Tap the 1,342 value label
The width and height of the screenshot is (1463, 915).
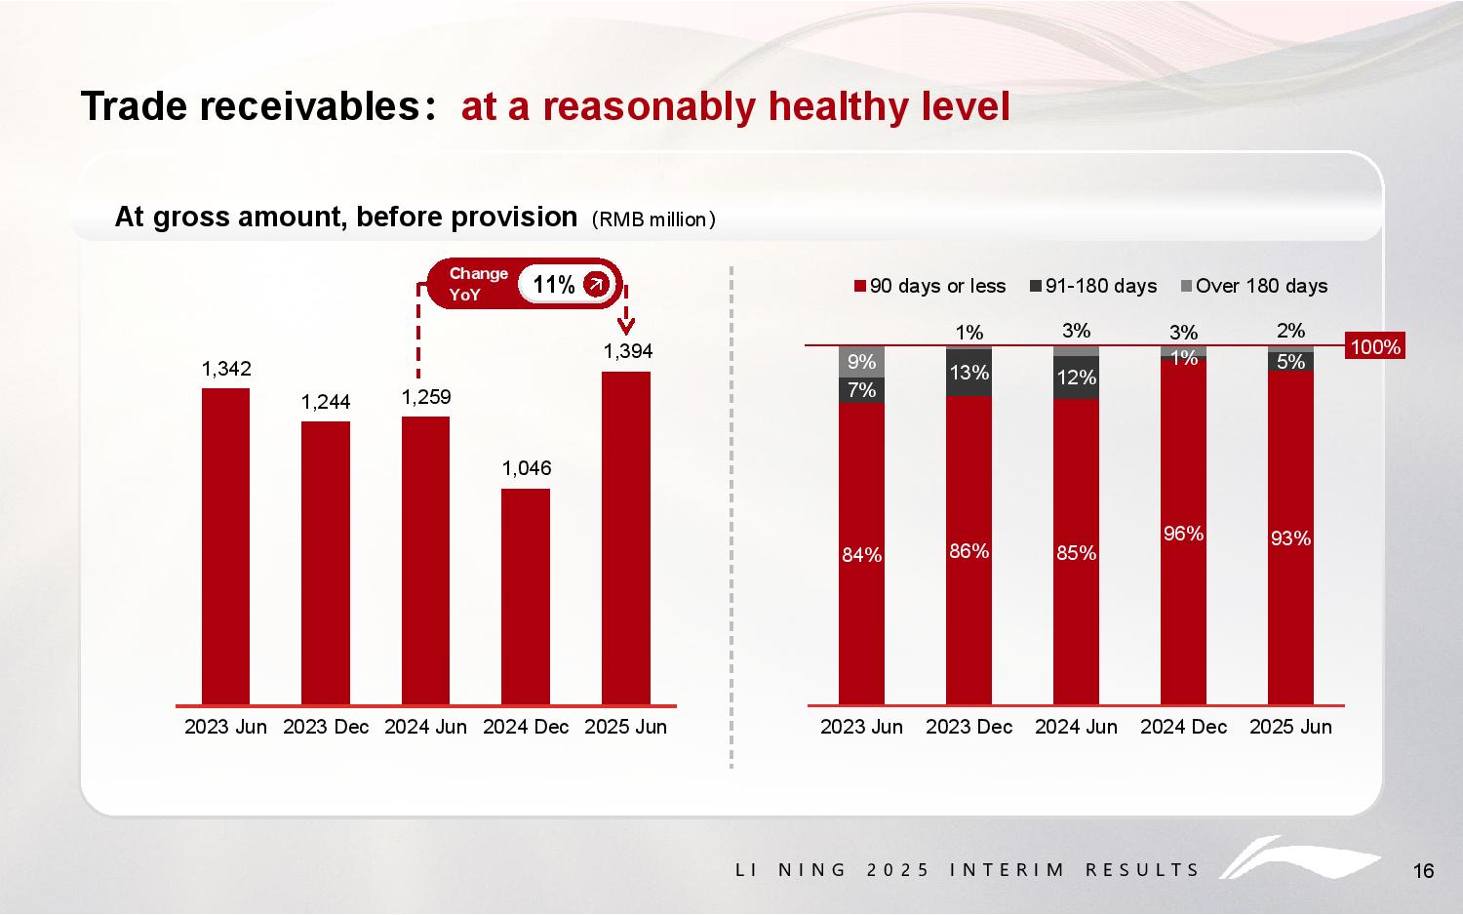tap(226, 369)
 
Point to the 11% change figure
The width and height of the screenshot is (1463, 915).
tap(554, 284)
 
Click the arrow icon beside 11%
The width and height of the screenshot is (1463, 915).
tap(596, 284)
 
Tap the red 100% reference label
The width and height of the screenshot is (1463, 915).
tap(1374, 346)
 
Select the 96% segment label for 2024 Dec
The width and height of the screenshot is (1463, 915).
tap(1183, 534)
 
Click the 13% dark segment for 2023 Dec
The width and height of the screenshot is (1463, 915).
tap(969, 373)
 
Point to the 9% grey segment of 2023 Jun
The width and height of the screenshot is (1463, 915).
tap(861, 362)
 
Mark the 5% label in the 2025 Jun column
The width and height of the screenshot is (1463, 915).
tap(1290, 362)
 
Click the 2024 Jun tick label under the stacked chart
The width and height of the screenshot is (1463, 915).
tap(1076, 727)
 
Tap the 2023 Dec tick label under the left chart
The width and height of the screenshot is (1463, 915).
tap(326, 727)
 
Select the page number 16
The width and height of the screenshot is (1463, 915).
tap(1423, 871)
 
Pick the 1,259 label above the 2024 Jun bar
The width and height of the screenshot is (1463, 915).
tap(426, 397)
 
